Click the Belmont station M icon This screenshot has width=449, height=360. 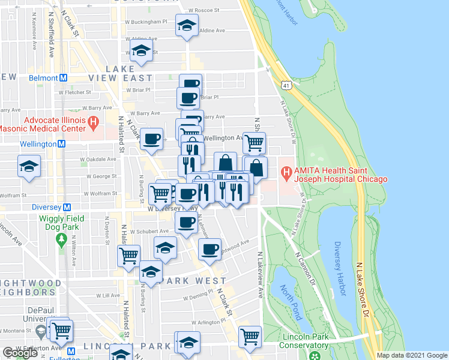point(62,78)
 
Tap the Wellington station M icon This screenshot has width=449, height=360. point(61,144)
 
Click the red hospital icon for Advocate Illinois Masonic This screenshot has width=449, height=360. point(93,123)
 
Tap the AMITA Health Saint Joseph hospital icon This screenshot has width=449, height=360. point(286,174)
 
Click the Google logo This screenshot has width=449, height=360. point(20,353)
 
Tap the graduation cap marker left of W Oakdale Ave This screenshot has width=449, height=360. point(29,167)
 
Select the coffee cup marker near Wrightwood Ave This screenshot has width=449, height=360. point(209,250)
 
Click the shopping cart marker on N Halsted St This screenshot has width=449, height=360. point(129,256)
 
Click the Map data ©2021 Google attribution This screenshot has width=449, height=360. point(411,355)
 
